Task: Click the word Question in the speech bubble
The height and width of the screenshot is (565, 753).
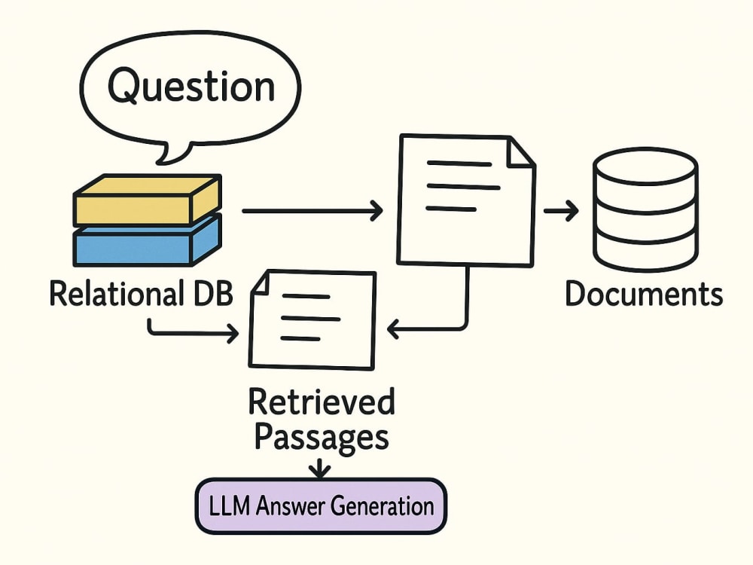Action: coord(191,87)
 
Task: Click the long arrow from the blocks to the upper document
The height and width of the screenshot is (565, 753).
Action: coord(312,210)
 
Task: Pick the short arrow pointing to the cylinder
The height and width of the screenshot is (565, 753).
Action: coord(561,210)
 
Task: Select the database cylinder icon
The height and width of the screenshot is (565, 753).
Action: coord(645,209)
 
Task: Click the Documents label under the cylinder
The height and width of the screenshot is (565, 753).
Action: coord(644,294)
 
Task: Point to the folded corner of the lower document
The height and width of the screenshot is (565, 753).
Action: coord(261,283)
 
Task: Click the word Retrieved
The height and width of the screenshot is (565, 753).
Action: coord(322,402)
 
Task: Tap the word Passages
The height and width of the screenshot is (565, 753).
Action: coord(322,437)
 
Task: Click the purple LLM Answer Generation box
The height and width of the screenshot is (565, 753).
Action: coord(321,506)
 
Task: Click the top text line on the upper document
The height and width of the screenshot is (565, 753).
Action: coord(459,163)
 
